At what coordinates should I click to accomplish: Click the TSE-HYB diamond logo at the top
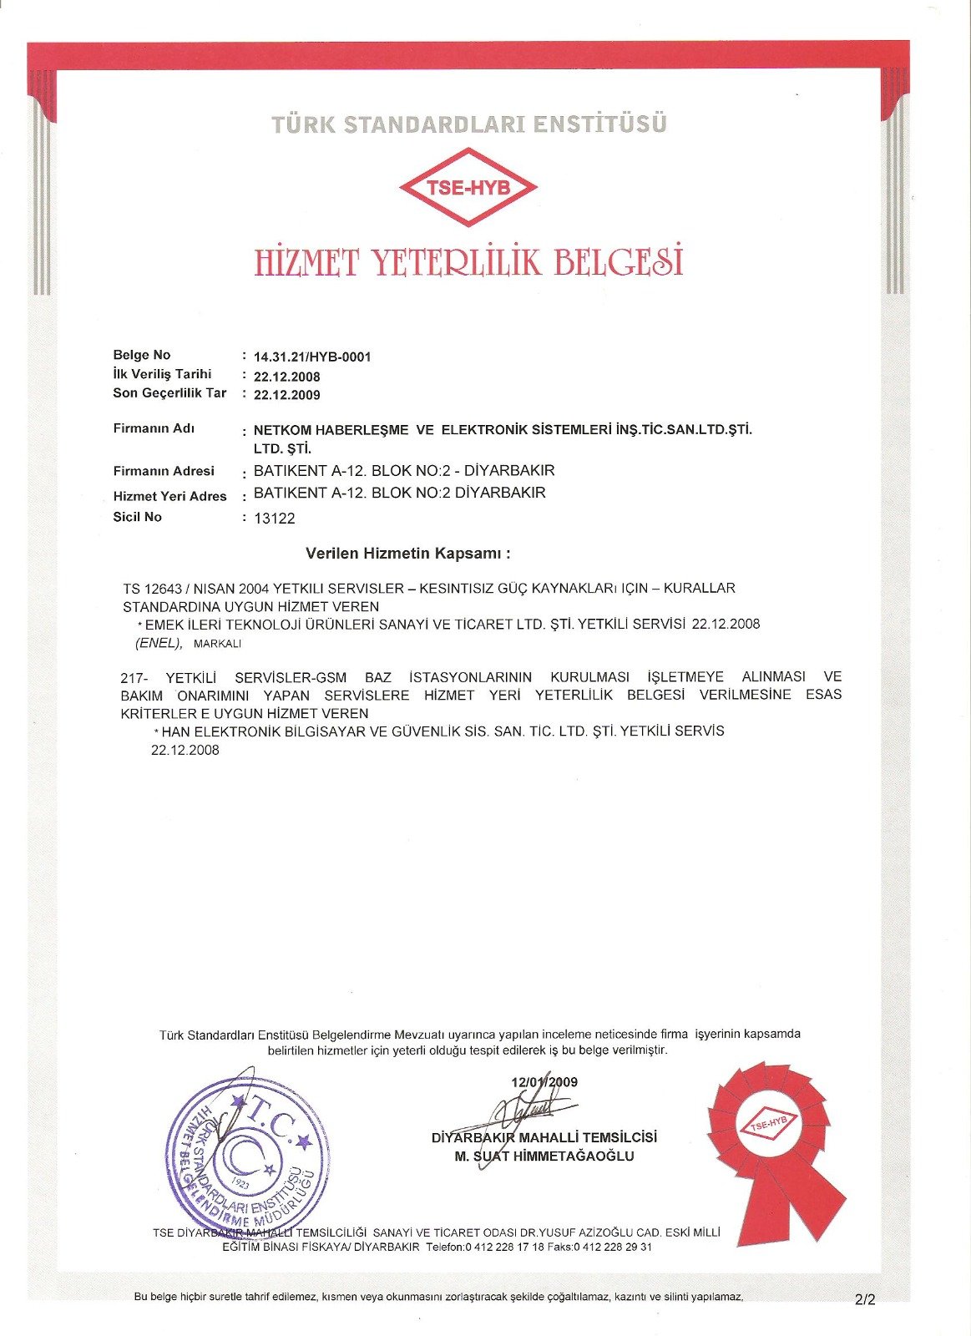[468, 187]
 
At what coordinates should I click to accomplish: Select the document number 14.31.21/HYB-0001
[312, 357]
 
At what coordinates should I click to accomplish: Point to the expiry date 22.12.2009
[286, 395]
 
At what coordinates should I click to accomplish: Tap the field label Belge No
[142, 355]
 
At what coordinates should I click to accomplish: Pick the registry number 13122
[275, 519]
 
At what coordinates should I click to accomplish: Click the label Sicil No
[138, 517]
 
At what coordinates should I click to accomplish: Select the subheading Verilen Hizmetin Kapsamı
[407, 554]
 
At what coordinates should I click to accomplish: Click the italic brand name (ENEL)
[158, 643]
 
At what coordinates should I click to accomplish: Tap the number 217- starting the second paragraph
[134, 677]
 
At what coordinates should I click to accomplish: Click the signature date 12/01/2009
[544, 1082]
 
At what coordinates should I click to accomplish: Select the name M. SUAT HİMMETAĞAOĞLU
[544, 1156]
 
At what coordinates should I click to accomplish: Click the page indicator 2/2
[865, 1299]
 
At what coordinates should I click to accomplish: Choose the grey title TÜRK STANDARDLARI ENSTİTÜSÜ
[468, 124]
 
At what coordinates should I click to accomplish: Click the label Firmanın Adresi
[164, 471]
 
